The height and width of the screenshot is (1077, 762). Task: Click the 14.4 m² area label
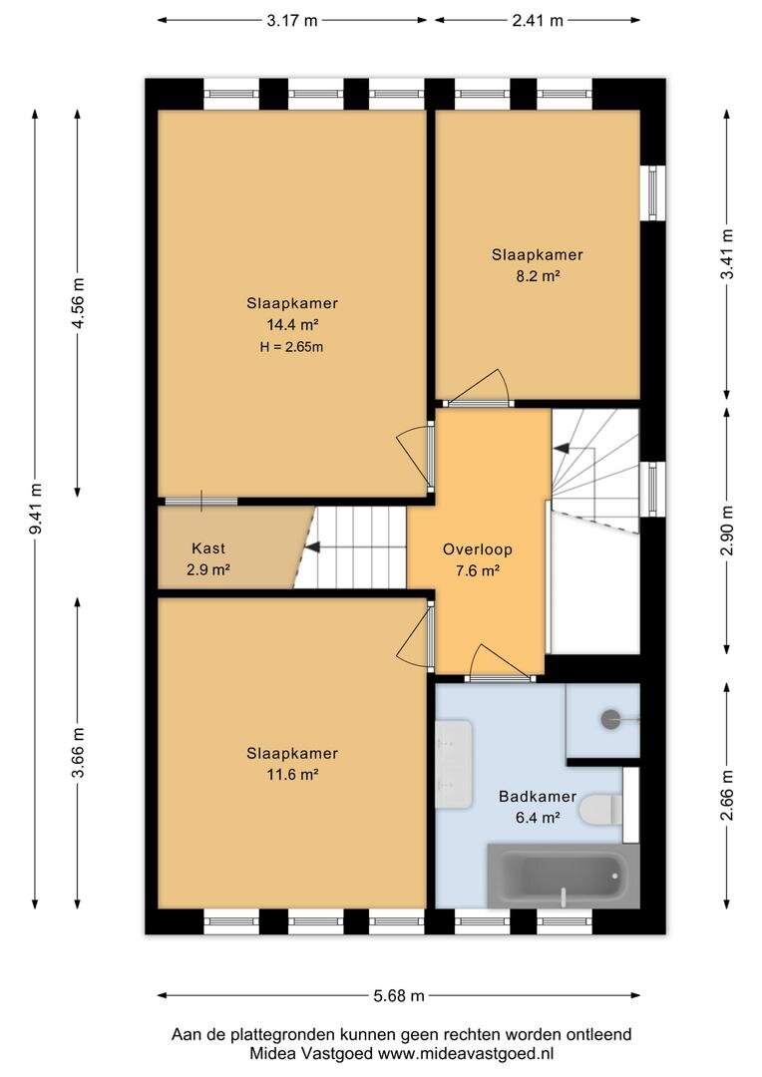292,324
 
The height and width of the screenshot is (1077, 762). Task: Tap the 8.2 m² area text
538,276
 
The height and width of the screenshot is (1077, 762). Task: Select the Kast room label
208,548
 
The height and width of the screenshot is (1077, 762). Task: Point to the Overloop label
478,549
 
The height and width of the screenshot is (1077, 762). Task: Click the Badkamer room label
538,797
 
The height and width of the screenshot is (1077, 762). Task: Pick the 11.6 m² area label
292,775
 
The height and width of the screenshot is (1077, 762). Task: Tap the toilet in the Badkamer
600,809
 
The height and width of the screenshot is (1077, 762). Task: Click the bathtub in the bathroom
564,876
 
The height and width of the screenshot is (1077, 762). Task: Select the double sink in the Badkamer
454,764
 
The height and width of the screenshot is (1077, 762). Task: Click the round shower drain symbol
610,719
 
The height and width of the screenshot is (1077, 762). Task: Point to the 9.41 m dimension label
36,509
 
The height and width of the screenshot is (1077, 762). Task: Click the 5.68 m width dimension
399,995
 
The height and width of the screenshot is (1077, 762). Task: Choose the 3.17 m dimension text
292,21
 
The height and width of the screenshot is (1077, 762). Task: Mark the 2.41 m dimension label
538,21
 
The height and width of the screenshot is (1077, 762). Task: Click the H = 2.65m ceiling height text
291,347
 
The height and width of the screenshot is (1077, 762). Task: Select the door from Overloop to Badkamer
501,664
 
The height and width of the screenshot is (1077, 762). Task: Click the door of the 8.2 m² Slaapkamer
477,390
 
